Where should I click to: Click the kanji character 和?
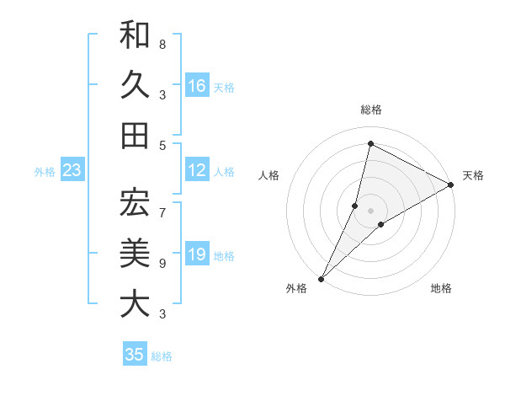(135, 35)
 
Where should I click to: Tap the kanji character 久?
(135, 84)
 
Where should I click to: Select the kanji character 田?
(135, 135)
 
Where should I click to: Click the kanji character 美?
(135, 252)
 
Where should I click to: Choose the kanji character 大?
(135, 302)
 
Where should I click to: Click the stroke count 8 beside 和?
(162, 44)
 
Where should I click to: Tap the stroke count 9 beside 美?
(162, 264)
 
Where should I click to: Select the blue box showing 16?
(197, 86)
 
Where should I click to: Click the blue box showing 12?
(197, 171)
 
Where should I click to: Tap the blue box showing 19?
(197, 255)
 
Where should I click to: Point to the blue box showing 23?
(72, 171)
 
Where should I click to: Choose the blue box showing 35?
(135, 355)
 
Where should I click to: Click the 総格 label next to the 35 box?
(162, 356)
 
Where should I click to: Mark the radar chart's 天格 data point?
(451, 185)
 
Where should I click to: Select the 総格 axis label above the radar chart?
(370, 110)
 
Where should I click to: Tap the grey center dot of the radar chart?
(370, 210)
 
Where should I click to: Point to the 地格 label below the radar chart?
(441, 289)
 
